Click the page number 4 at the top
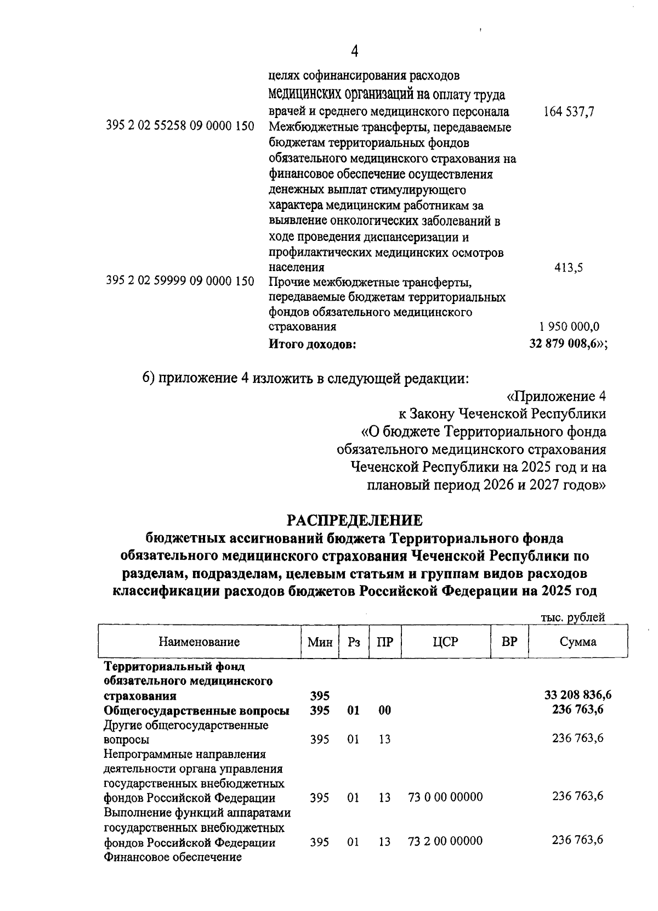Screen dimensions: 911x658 [x=354, y=52]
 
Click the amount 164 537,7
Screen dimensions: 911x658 [x=569, y=112]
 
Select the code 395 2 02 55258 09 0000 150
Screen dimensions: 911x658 [x=180, y=127]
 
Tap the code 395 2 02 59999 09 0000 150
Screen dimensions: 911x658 [x=180, y=282]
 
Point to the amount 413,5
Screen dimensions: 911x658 [x=568, y=268]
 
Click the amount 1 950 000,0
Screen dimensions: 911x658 [x=569, y=327]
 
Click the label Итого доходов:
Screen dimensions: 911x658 [x=313, y=345]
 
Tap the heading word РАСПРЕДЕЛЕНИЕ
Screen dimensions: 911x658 [x=355, y=519]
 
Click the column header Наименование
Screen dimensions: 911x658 [x=199, y=642]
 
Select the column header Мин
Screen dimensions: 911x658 [x=320, y=642]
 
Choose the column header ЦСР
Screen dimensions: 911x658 [x=445, y=642]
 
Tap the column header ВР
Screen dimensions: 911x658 [x=509, y=642]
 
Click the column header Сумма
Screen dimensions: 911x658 [x=578, y=642]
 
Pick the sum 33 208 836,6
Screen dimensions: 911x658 [x=578, y=695]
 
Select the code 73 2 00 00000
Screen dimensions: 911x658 [x=445, y=841]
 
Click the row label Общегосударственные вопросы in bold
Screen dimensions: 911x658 [x=197, y=711]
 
